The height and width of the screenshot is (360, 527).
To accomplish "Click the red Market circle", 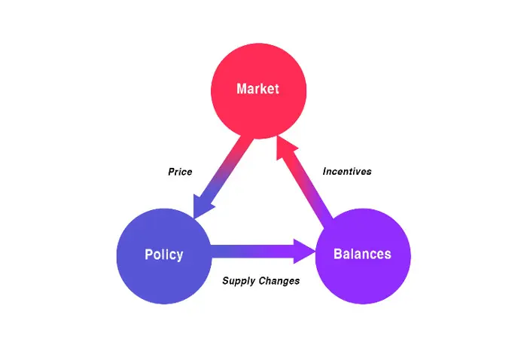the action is click(x=258, y=91).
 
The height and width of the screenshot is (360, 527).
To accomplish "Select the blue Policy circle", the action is click(x=164, y=256).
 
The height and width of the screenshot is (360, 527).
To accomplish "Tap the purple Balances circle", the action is click(x=363, y=256).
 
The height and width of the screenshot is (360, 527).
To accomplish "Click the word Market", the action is click(x=257, y=89).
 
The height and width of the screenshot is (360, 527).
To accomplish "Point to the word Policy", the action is click(x=164, y=255).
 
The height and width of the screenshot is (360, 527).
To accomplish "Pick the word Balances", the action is click(x=362, y=254).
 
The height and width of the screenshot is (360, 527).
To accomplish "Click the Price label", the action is click(x=180, y=172).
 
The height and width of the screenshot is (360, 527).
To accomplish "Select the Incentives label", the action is click(x=347, y=172).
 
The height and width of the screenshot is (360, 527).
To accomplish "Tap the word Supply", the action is click(x=239, y=281).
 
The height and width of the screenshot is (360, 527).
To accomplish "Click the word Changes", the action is click(x=279, y=281).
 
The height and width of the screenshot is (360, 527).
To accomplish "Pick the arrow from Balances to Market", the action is click(x=305, y=178).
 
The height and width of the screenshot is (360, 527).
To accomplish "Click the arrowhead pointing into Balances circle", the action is click(x=304, y=252).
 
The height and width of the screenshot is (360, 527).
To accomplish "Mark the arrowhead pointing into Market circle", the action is click(x=285, y=147).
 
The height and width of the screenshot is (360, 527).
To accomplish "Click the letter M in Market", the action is click(x=242, y=89).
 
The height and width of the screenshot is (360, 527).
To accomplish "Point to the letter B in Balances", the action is click(x=337, y=254).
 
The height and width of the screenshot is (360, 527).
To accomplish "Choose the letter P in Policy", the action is click(x=148, y=255).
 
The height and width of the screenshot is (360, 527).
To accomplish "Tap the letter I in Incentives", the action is click(x=324, y=172).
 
